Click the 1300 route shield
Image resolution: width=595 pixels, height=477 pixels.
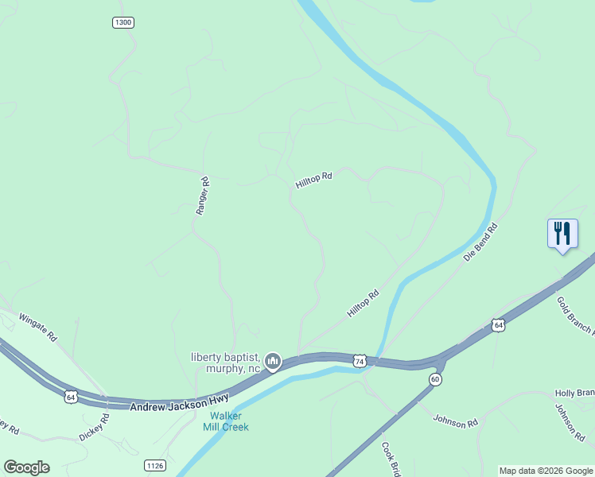[x=122, y=22]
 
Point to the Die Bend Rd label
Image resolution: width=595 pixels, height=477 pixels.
[x=480, y=243]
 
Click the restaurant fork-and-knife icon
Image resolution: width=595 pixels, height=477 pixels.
[x=562, y=233]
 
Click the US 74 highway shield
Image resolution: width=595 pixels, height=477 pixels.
[x=360, y=361]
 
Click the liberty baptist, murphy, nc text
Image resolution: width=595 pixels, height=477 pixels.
[x=226, y=362]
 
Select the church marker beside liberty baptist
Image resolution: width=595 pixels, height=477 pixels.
[x=273, y=363]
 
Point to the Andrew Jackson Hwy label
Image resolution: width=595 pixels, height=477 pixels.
[x=180, y=401]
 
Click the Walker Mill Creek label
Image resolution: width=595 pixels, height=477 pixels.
[x=229, y=421]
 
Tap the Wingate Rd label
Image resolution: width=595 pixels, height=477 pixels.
[x=38, y=326]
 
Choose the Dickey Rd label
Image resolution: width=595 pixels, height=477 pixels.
[x=94, y=428]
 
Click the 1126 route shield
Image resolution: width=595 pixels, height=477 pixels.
[x=154, y=464]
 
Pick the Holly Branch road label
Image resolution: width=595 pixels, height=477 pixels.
[x=574, y=394]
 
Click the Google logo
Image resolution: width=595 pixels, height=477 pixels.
[x=26, y=467]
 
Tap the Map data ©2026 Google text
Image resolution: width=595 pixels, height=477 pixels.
[x=546, y=471]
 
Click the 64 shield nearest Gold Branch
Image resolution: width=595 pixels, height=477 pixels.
[x=498, y=325]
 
